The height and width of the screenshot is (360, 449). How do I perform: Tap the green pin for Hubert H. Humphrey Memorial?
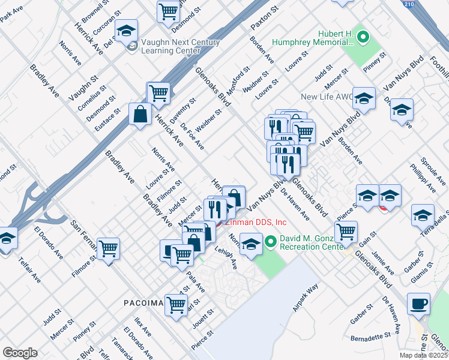click(363, 38)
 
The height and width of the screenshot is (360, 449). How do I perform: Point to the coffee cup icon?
click(418, 304)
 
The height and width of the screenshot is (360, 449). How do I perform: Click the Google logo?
click(20, 352)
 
